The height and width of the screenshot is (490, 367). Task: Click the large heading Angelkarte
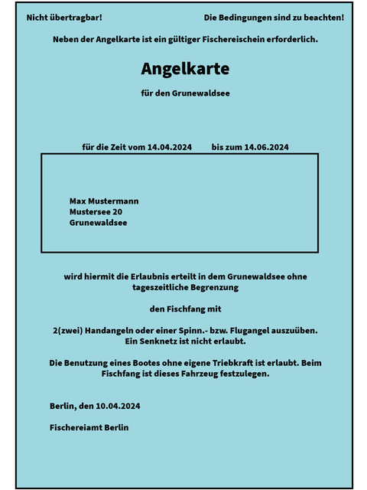[185, 69]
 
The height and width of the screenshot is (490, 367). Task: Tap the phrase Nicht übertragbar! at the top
[64, 17]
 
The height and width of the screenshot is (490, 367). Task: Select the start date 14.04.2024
[169, 147]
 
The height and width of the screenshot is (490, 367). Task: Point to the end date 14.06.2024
[265, 147]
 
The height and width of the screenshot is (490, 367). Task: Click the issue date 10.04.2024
[119, 406]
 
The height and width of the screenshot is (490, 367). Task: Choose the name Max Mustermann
[104, 201]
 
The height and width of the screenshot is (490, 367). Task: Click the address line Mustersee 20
[96, 212]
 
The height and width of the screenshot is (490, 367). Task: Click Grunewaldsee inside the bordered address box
[98, 223]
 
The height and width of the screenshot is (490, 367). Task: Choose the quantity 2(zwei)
[67, 330]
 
